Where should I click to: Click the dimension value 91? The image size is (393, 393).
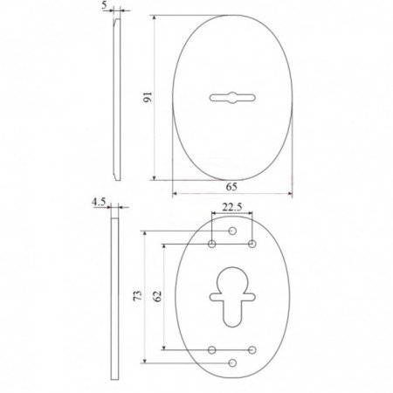[148, 97]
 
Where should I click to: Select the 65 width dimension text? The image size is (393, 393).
[231, 187]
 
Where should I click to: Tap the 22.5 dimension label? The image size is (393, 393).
[232, 207]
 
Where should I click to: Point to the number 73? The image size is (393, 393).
[138, 295]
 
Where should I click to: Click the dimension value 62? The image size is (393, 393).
[157, 296]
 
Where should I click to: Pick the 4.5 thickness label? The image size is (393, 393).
[99, 202]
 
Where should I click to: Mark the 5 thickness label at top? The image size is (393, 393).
[105, 5]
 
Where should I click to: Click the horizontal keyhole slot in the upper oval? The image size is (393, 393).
[232, 98]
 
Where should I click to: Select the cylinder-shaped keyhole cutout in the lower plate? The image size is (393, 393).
[232, 297]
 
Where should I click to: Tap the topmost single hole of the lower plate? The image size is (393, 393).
[232, 231]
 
